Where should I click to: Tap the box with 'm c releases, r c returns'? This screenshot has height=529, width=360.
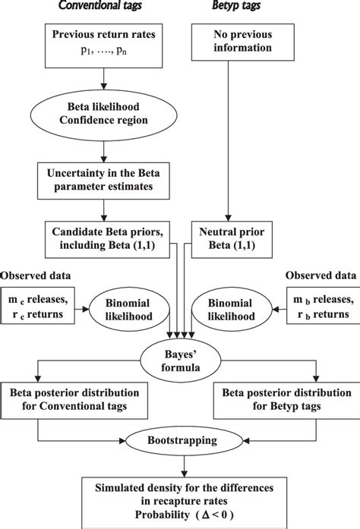[37, 308]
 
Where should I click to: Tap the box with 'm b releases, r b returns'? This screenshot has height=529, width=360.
[323, 308]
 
